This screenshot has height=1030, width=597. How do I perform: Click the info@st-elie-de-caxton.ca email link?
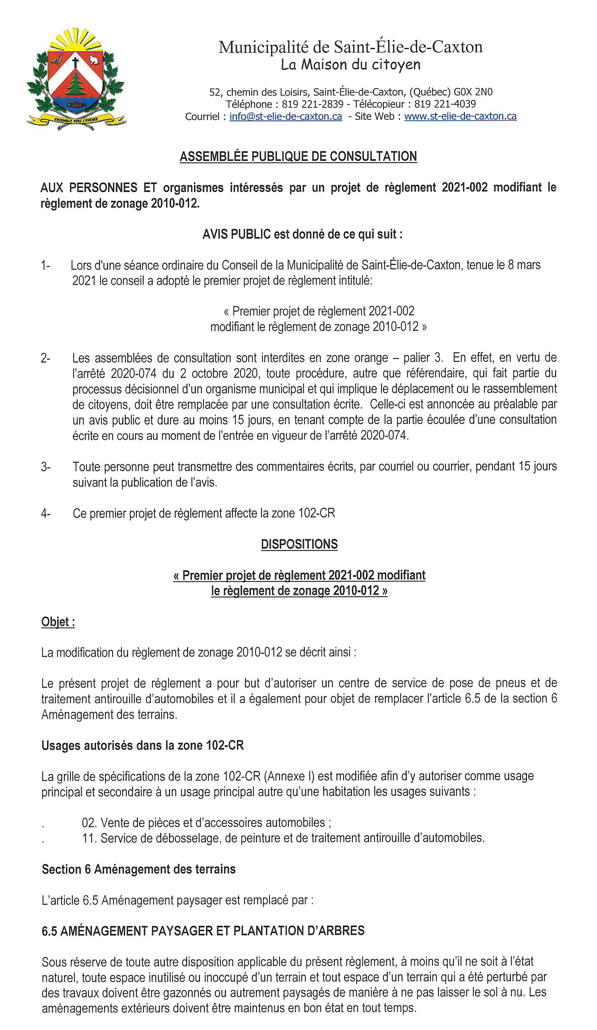[285, 117]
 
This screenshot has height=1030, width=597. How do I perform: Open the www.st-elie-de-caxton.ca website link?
[460, 117]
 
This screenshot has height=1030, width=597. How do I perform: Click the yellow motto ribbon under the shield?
[76, 120]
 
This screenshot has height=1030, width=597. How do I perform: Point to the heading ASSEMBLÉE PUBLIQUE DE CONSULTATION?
[298, 157]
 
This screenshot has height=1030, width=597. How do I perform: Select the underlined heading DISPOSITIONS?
[299, 544]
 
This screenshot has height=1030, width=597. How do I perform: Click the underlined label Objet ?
[58, 622]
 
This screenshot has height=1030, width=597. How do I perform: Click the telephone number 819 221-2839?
[312, 104]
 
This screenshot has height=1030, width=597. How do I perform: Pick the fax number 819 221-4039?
[445, 104]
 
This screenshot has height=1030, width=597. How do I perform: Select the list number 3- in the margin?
[45, 467]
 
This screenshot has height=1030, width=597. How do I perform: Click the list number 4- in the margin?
[45, 513]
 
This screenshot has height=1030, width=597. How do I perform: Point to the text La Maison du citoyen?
[350, 65]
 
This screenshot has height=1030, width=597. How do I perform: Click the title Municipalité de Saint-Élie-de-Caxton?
[350, 47]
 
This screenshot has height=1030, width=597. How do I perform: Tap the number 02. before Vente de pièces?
[89, 822]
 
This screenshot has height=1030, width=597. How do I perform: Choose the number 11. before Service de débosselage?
[89, 838]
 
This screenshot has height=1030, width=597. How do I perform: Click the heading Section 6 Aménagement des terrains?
[138, 869]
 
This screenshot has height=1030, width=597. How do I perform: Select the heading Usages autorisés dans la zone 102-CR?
[142, 745]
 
